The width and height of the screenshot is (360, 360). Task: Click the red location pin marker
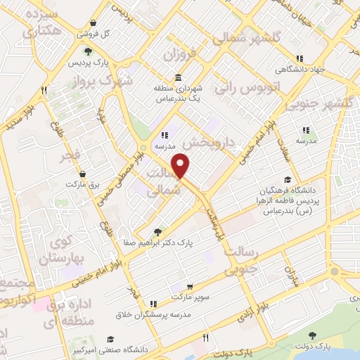coord(181,165)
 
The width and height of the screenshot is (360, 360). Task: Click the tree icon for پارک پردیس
coord(87,51)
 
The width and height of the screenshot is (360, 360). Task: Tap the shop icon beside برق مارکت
coord(84,174)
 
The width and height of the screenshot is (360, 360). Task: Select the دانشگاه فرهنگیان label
coord(304,191)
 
